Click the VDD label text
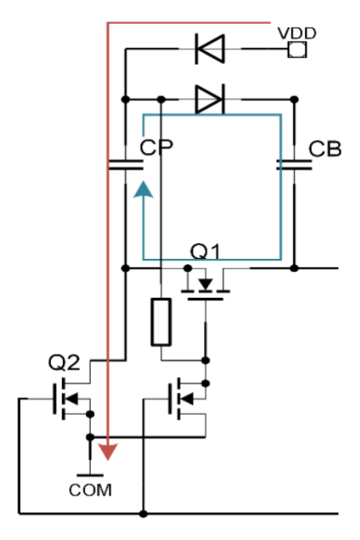click(x=296, y=33)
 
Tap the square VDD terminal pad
click(x=297, y=49)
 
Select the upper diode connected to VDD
click(x=209, y=49)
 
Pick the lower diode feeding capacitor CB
click(x=209, y=100)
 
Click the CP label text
click(x=156, y=147)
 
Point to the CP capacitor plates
click(x=126, y=165)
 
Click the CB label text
click(x=325, y=149)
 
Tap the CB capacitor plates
click(x=294, y=165)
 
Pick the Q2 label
click(x=64, y=362)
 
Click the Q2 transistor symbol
click(x=71, y=399)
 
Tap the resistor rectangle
click(x=161, y=322)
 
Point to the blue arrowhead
click(x=143, y=190)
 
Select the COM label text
click(x=90, y=490)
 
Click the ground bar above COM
click(x=90, y=475)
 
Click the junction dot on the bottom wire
click(x=143, y=514)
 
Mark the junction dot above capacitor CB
click(x=294, y=100)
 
